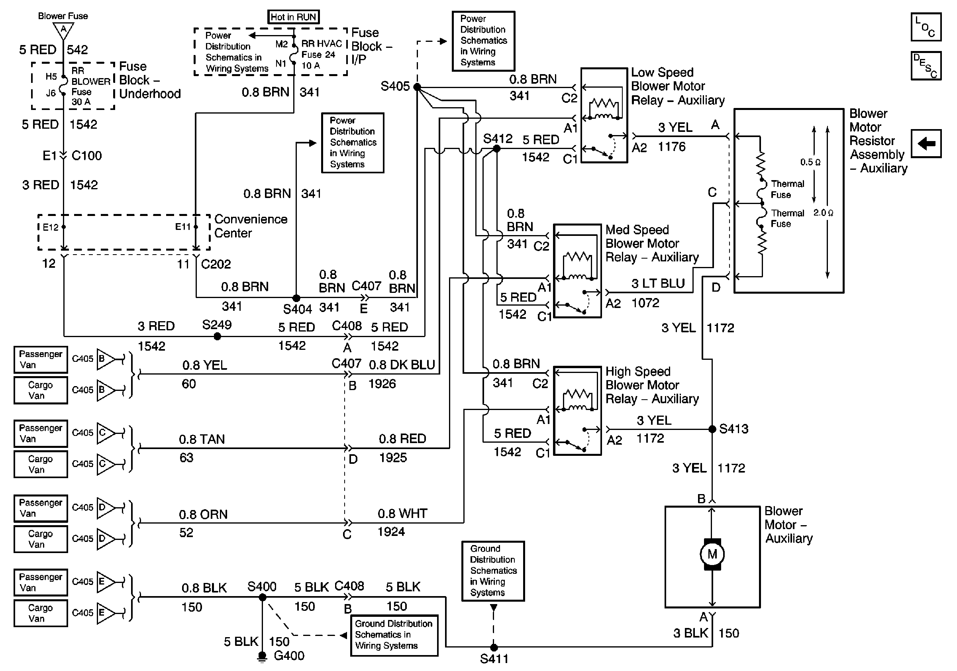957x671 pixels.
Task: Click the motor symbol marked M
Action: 712,554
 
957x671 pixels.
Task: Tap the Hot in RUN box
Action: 294,17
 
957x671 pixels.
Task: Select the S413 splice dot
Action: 712,429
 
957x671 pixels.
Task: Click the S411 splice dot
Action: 494,647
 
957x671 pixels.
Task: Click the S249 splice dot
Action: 217,336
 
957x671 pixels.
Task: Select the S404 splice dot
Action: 296,298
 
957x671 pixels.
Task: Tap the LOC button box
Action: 926,27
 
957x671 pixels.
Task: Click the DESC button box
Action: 926,65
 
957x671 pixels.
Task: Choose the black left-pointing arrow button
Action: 926,144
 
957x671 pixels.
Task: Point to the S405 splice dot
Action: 417,87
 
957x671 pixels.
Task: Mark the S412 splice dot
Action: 497,148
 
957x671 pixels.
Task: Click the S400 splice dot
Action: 263,597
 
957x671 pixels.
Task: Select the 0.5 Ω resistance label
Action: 810,162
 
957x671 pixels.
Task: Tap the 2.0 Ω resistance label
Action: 823,213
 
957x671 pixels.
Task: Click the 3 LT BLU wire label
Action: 658,283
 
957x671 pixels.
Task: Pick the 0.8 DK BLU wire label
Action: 402,365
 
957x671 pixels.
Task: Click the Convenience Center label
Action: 251,226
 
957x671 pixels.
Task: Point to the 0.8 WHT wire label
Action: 402,514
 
